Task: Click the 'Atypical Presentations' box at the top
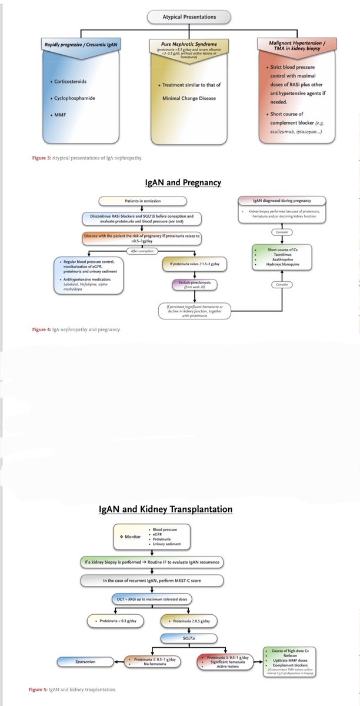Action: click(x=180, y=18)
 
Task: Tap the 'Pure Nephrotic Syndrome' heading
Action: click(x=180, y=44)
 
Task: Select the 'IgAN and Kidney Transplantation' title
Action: click(x=165, y=509)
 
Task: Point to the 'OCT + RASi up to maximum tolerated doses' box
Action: click(x=159, y=598)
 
